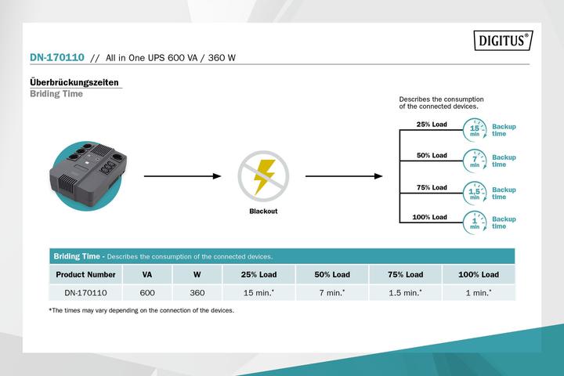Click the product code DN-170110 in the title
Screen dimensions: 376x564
pyautogui.click(x=56, y=57)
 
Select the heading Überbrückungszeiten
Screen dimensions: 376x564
pyautogui.click(x=74, y=82)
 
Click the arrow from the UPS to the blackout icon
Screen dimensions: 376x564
pyautogui.click(x=182, y=176)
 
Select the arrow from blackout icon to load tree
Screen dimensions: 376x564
pyautogui.click(x=343, y=176)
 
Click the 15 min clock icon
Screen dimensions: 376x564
pyautogui.click(x=475, y=129)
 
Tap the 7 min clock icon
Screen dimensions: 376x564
pyautogui.click(x=475, y=160)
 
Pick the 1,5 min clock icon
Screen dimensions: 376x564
pyautogui.click(x=475, y=193)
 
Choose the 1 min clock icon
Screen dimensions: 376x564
pyautogui.click(x=475, y=222)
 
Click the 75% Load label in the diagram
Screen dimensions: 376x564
pyautogui.click(x=432, y=187)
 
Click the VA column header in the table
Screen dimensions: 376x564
pyautogui.click(x=147, y=275)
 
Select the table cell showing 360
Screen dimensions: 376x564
pyautogui.click(x=197, y=292)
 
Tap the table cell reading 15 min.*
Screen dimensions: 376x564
pyautogui.click(x=258, y=292)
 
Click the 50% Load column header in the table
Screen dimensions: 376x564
pyautogui.click(x=332, y=275)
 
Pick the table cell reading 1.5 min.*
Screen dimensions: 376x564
pyautogui.click(x=405, y=292)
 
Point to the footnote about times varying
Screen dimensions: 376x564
pyautogui.click(x=141, y=310)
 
